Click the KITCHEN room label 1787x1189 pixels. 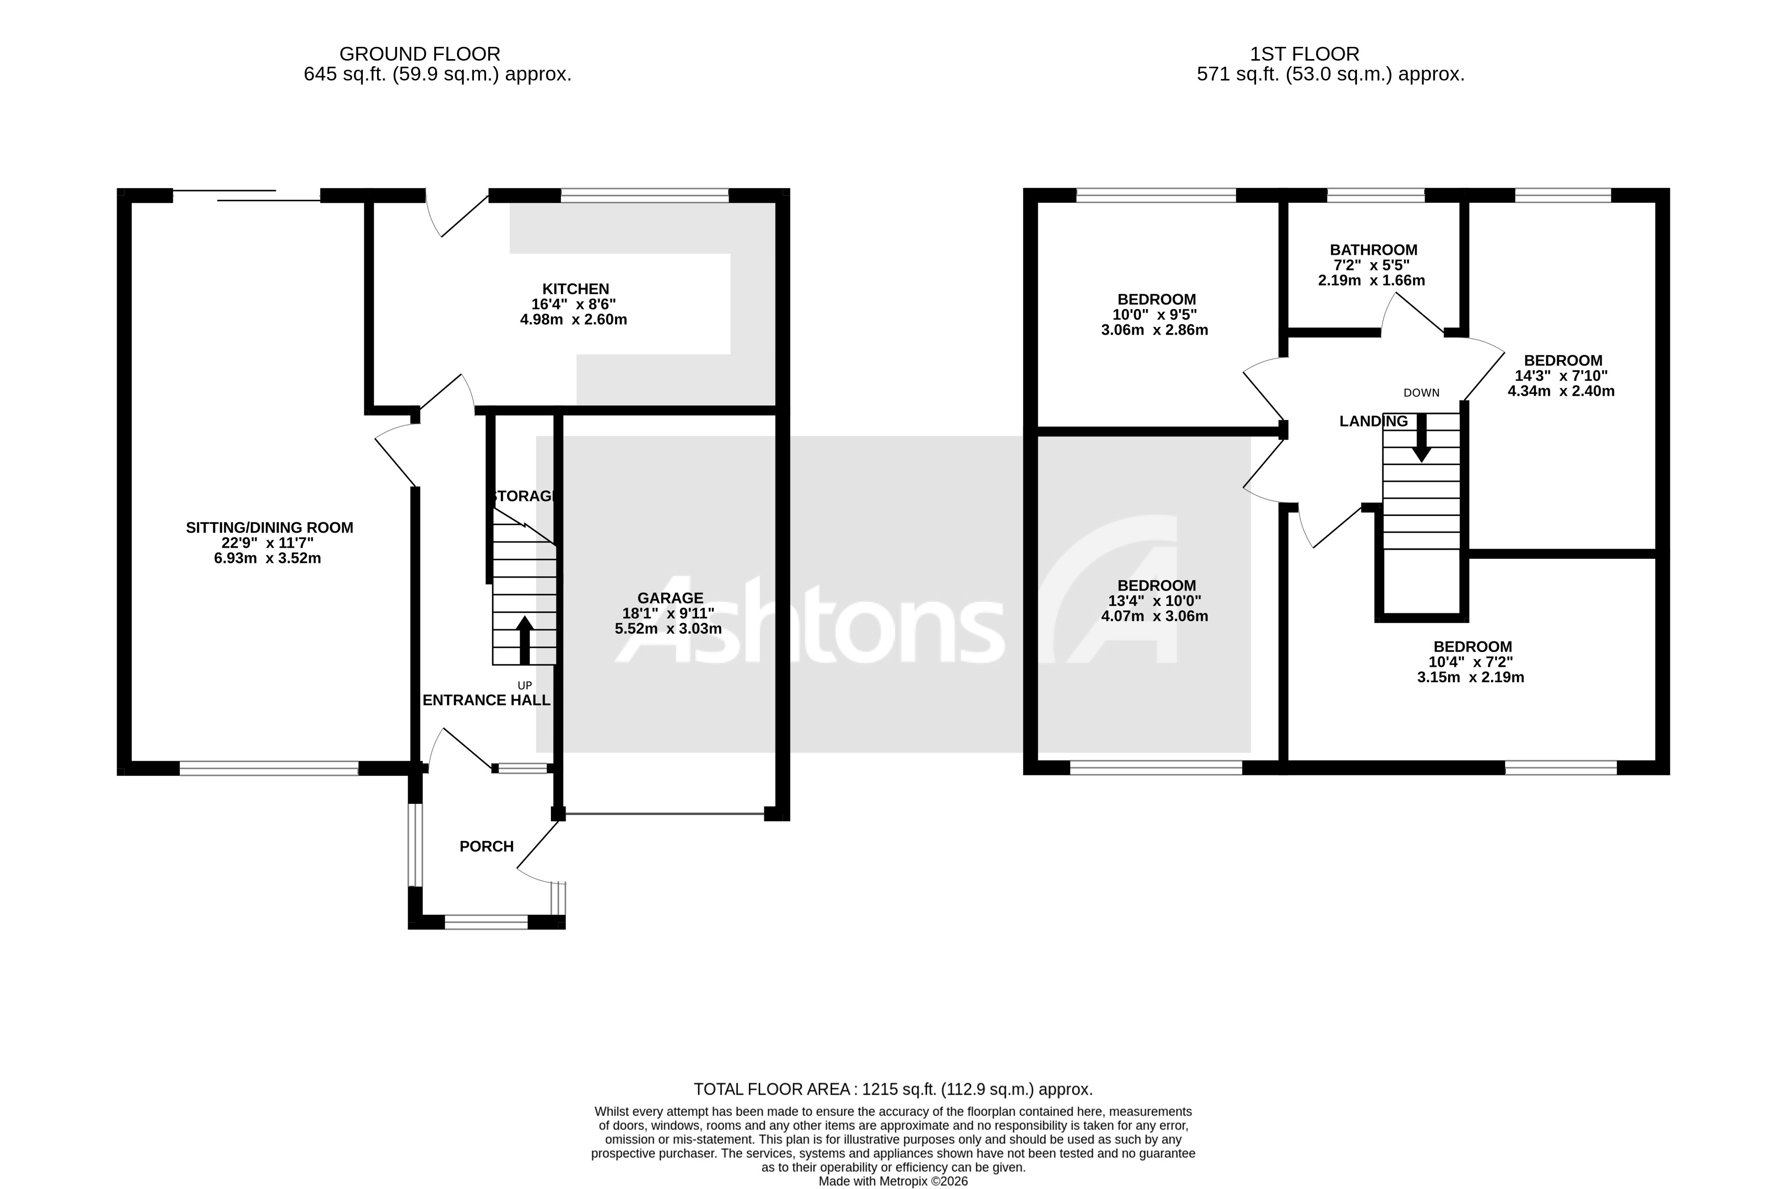(575, 289)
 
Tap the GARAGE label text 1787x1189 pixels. (670, 598)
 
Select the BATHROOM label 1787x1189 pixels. (1373, 250)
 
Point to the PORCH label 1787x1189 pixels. (486, 846)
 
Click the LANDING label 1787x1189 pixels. (1373, 422)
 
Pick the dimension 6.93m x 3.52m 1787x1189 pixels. (268, 559)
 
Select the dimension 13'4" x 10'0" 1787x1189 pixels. (1155, 601)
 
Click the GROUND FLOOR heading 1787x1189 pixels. (419, 55)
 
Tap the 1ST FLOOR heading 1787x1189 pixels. (1304, 55)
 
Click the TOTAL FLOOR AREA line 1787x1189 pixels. (893, 1090)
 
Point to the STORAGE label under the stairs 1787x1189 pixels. (523, 496)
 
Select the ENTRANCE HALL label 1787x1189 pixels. (486, 700)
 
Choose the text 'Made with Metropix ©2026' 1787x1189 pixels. (893, 1181)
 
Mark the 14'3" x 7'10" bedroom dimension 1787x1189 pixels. (1561, 376)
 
